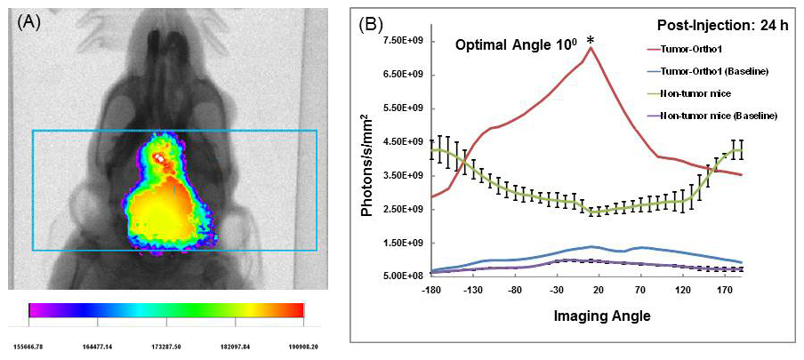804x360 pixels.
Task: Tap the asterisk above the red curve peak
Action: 590,42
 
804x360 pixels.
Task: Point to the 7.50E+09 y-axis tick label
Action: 406,41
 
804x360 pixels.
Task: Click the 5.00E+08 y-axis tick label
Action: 406,276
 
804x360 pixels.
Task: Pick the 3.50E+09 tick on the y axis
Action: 406,176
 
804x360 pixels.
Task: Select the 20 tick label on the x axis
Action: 598,290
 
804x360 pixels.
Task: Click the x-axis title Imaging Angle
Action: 578,314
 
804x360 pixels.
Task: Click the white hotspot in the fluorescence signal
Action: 160,158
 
